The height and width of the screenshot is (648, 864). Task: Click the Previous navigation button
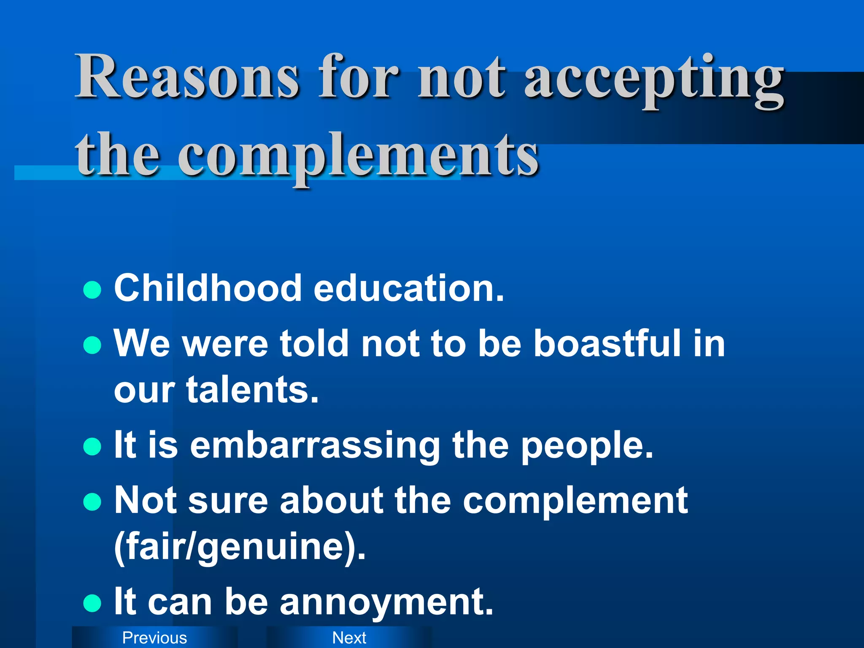[x=154, y=637]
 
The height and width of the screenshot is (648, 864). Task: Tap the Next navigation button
[x=349, y=637]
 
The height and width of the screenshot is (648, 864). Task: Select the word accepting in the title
[x=654, y=80]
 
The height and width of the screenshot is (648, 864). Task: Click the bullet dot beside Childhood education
[x=92, y=290]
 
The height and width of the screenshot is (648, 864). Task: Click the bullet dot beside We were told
[x=92, y=345]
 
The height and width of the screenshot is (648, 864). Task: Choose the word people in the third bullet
[x=586, y=446]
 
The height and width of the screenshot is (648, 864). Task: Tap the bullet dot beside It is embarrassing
[x=92, y=447]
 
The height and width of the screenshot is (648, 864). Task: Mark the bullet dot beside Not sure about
[x=92, y=502]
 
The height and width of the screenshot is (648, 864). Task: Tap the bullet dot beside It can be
[x=92, y=603]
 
